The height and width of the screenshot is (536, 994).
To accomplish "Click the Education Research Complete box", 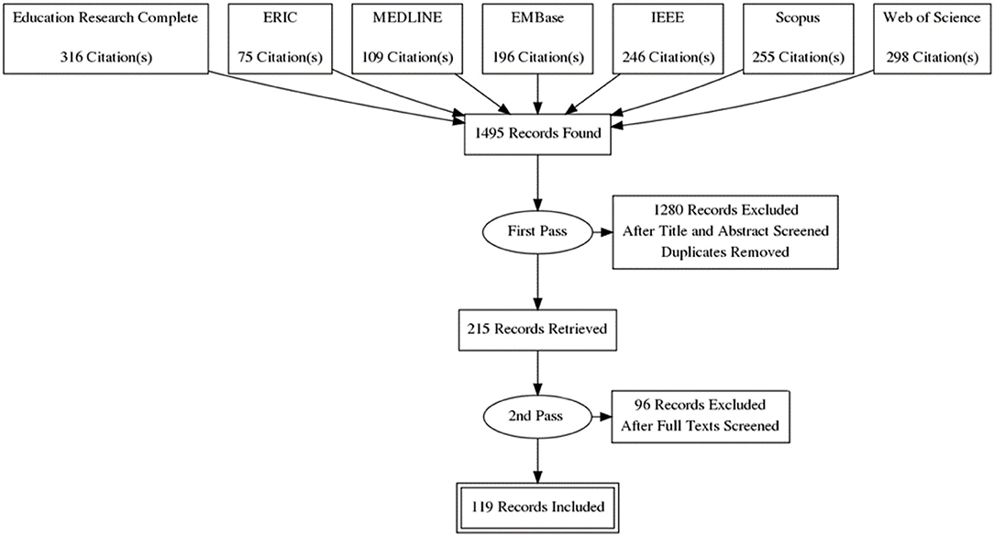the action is tap(105, 39).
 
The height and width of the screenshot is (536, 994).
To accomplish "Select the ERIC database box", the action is tap(281, 39).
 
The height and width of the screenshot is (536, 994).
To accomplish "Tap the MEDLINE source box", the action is tap(407, 39).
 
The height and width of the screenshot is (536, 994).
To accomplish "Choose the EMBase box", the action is tap(538, 39).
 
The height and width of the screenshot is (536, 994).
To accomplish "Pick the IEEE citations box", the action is tap(668, 39).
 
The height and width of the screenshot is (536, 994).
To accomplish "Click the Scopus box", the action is tap(798, 39).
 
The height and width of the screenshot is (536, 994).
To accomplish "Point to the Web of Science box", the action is tap(932, 39).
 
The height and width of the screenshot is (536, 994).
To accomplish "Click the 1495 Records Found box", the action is tap(538, 134).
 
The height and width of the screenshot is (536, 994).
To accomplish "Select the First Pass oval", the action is tap(537, 231).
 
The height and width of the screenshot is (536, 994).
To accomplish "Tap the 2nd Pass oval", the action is tap(537, 416).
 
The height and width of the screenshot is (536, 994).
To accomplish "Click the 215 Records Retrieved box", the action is tap(537, 329).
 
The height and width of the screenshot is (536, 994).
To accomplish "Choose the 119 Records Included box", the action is tap(537, 508).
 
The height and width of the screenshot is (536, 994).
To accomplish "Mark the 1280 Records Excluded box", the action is tap(725, 231).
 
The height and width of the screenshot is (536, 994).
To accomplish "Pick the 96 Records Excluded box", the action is tap(701, 416).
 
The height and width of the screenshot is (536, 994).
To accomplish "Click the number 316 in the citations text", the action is tap(71, 57).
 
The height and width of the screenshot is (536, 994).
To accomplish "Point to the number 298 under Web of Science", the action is tap(898, 57).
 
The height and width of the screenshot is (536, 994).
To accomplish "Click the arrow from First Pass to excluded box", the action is tap(602, 232).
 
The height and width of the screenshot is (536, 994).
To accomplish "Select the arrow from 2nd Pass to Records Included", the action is tap(538, 460).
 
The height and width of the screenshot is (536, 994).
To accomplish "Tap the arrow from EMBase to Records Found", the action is tap(538, 95).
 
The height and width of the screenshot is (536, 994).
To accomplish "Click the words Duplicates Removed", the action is tap(725, 251).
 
